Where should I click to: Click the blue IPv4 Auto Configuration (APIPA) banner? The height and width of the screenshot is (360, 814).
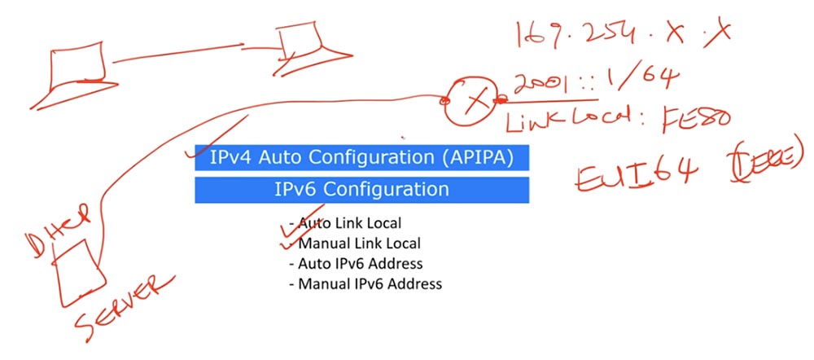pyautogui.click(x=362, y=157)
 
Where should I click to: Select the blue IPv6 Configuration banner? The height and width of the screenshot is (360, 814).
pyautogui.click(x=362, y=190)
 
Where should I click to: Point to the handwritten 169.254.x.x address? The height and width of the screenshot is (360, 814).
pyautogui.click(x=623, y=34)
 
